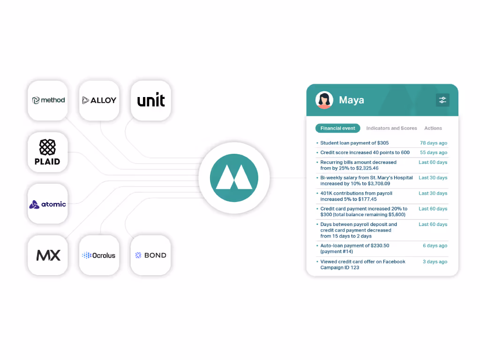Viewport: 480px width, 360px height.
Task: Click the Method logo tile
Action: pyautogui.click(x=48, y=100)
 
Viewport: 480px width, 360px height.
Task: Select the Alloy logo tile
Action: pyautogui.click(x=99, y=100)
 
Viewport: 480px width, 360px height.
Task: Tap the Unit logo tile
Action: pyautogui.click(x=151, y=100)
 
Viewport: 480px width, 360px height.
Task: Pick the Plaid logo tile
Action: pyautogui.click(x=48, y=152)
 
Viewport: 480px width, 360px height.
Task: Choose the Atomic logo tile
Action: pyautogui.click(x=48, y=204)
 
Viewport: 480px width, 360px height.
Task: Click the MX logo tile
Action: pyautogui.click(x=48, y=255)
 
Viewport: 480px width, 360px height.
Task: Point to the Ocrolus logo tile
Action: pyautogui.click(x=99, y=255)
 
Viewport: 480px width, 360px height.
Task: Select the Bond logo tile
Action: pyautogui.click(x=151, y=255)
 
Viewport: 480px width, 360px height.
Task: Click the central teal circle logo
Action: pyautogui.click(x=234, y=178)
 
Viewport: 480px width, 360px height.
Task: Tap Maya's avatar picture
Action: pyautogui.click(x=324, y=100)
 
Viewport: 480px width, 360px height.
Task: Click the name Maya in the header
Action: pyautogui.click(x=352, y=100)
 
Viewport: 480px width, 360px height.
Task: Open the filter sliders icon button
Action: pyautogui.click(x=442, y=100)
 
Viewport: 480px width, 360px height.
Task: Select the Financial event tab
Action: pyautogui.click(x=337, y=128)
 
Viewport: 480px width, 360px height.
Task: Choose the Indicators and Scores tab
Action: pyautogui.click(x=391, y=128)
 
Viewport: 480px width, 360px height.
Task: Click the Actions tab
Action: pyautogui.click(x=433, y=128)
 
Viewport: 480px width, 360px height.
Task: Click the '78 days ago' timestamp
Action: pyautogui.click(x=434, y=143)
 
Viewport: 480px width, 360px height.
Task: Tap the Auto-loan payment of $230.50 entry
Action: pyautogui.click(x=354, y=248)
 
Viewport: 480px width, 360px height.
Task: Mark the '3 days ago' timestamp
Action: pyautogui.click(x=435, y=262)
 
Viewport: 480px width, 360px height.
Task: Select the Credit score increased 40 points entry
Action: pyautogui.click(x=365, y=152)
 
